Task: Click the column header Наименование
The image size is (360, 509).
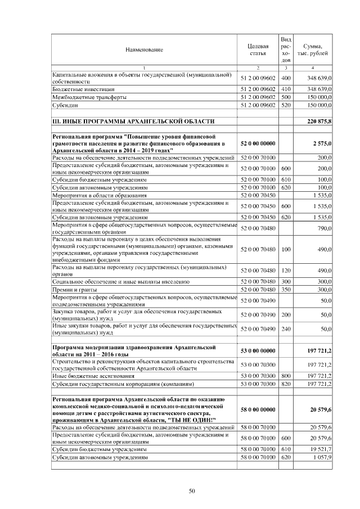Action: coord(145,49)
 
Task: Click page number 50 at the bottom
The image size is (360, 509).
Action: coord(191,491)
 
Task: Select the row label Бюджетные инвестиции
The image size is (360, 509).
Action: coord(84,89)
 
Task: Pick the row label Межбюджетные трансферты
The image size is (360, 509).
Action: coord(89,97)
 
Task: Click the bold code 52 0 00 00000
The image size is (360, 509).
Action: coord(258,143)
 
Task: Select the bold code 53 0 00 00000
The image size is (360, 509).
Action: coord(258,350)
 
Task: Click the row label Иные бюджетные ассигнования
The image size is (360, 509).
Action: coord(93,375)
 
